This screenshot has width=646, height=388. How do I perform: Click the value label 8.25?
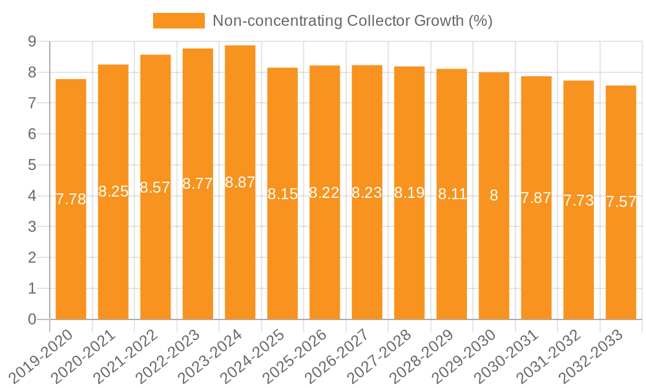click(113, 191)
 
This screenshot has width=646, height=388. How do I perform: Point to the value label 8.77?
click(198, 184)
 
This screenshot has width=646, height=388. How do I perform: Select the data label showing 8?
click(494, 195)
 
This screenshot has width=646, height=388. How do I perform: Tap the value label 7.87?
click(536, 198)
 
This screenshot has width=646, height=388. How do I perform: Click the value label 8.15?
click(282, 194)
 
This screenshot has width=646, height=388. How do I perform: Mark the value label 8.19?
click(410, 193)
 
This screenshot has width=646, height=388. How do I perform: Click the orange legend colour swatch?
click(178, 21)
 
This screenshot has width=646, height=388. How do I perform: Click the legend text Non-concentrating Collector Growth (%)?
click(353, 21)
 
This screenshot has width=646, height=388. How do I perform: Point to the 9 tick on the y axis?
click(32, 41)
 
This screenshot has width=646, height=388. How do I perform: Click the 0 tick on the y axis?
click(32, 319)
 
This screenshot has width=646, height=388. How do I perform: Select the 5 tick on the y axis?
click(32, 165)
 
